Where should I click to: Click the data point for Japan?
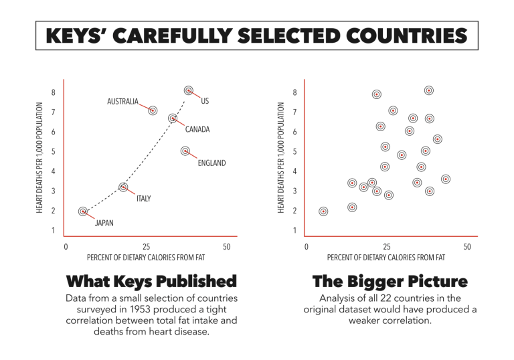(x=83, y=211)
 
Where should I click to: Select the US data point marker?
(x=189, y=90)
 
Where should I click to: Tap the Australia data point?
(x=153, y=110)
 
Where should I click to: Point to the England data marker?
(x=185, y=151)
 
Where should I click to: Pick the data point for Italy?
(x=123, y=187)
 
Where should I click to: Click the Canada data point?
(x=173, y=118)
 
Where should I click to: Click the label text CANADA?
(x=197, y=129)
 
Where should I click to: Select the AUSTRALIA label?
(x=122, y=102)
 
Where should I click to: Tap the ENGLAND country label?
(x=211, y=163)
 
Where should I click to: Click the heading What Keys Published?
(x=151, y=280)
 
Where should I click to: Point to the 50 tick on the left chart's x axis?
(x=227, y=247)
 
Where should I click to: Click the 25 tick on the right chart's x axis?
(x=386, y=247)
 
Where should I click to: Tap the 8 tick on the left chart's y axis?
(x=53, y=92)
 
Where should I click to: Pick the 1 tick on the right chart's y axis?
(x=294, y=231)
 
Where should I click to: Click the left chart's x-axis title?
(x=146, y=257)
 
